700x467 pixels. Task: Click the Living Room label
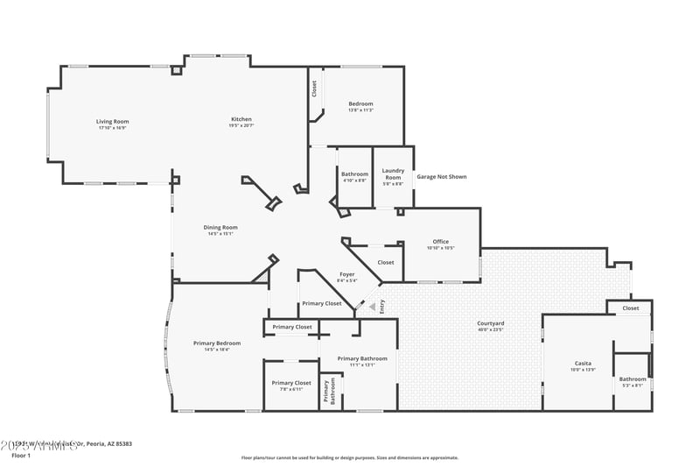tap(112, 121)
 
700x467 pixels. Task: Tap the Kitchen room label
tap(241, 119)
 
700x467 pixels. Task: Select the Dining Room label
tap(221, 227)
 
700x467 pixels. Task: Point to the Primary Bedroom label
tap(217, 343)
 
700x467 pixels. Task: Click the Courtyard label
tap(490, 323)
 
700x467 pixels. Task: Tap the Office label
tap(440, 242)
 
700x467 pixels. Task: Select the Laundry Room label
tap(393, 174)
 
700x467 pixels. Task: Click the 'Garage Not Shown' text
tap(441, 177)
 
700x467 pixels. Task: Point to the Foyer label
tap(346, 274)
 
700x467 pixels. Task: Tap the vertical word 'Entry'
tap(381, 307)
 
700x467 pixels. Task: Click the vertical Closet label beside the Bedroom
tap(314, 89)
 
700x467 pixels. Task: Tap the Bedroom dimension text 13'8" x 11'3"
tap(360, 110)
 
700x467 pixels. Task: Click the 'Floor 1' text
tap(20, 456)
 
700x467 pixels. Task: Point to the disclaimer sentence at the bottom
tap(349, 457)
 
